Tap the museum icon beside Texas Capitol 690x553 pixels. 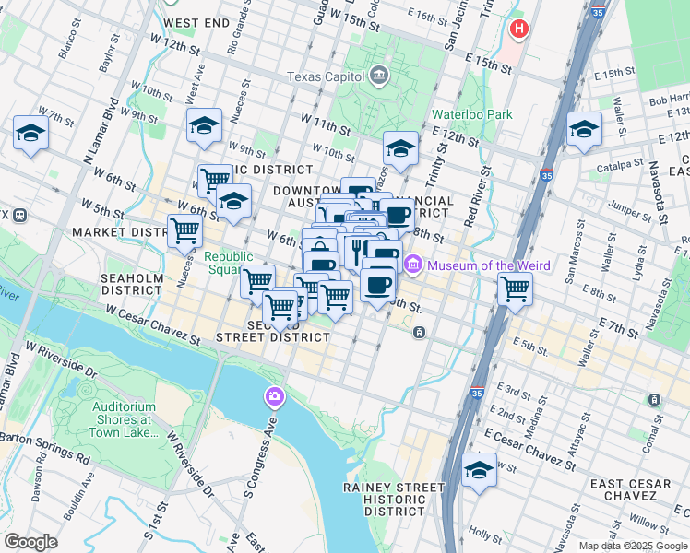point(377,76)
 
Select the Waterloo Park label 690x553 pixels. point(472,115)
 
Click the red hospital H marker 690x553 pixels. point(519,29)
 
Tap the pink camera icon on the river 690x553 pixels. point(274,397)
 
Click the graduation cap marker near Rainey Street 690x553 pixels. point(479,470)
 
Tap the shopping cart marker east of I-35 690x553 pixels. point(516,289)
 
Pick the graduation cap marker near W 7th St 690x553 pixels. point(31,135)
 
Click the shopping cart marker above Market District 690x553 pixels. point(184,231)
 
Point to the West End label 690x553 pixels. point(196,22)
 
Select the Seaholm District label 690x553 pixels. point(133,283)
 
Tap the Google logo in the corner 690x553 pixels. point(31,542)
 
